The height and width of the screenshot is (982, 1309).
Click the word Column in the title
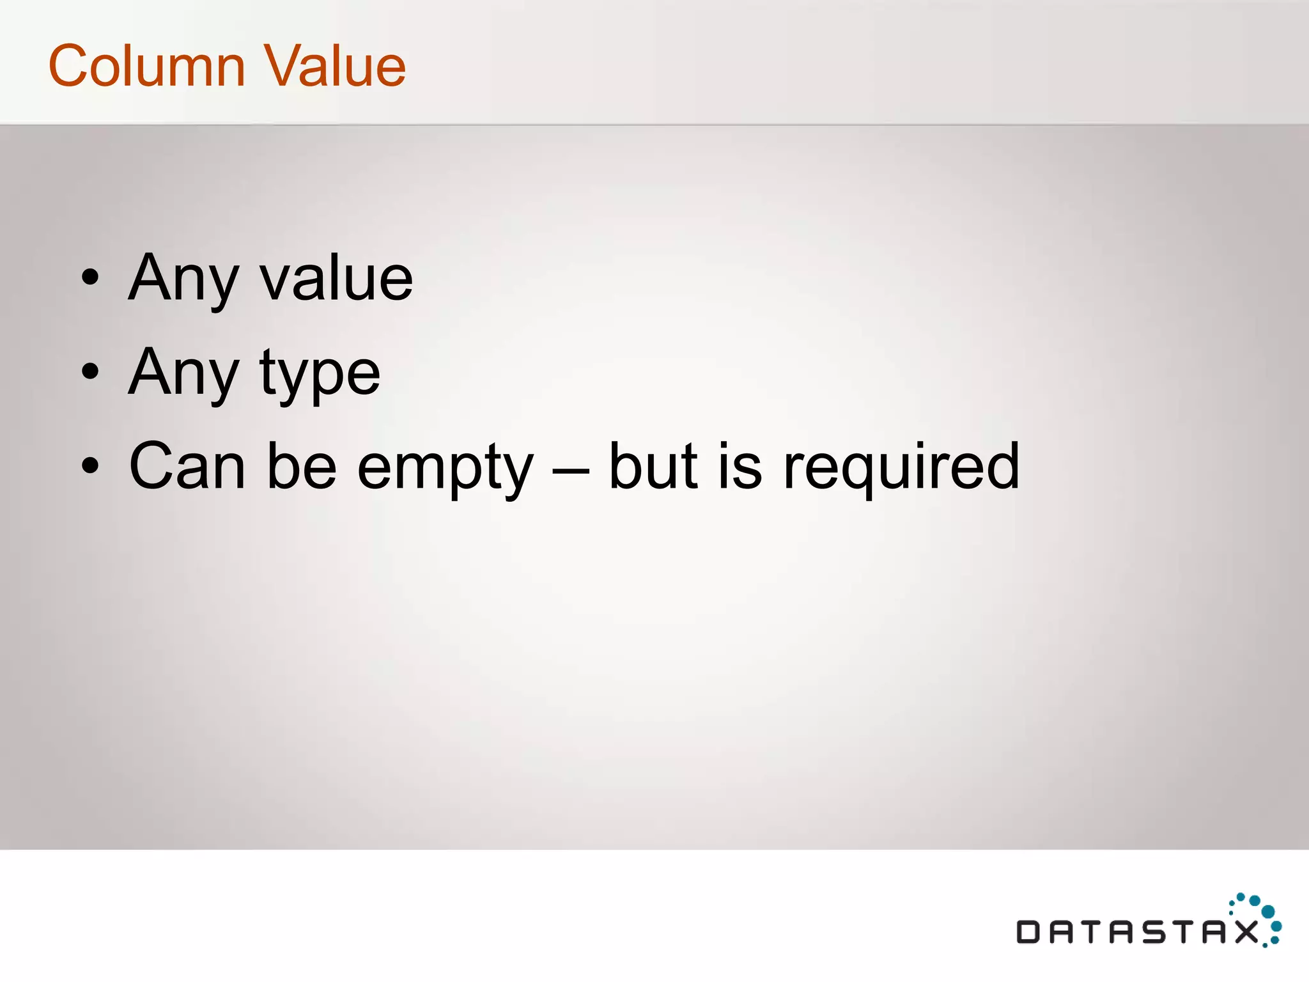[146, 66]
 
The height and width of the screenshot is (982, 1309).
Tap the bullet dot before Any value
[91, 277]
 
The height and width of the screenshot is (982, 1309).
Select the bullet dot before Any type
[91, 371]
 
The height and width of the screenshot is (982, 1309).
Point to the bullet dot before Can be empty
[91, 465]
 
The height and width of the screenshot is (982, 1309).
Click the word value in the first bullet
[336, 279]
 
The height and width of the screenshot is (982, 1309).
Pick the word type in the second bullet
[320, 374]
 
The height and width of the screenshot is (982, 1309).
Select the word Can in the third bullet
[187, 466]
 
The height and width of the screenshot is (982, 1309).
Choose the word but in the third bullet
[653, 466]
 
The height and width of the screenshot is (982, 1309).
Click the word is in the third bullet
[740, 466]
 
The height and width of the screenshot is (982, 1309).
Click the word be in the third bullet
[301, 466]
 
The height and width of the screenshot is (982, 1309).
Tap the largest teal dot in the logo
[1268, 911]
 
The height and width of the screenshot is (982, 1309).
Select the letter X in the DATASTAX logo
[1246, 932]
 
